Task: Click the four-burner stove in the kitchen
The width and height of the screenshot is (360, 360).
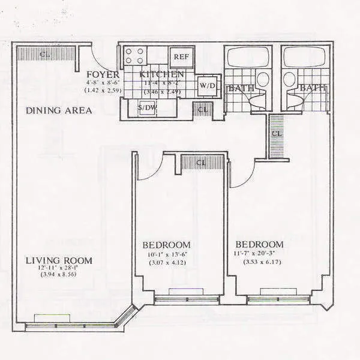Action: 135,56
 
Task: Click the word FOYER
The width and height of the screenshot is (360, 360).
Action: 102,74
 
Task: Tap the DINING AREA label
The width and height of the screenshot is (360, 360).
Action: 59,110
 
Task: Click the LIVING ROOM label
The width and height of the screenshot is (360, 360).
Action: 59,260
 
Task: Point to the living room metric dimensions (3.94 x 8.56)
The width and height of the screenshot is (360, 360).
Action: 59,274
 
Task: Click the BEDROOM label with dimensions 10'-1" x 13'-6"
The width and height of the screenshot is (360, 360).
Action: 166,245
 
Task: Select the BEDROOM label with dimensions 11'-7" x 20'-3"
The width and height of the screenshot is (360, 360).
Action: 259,245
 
